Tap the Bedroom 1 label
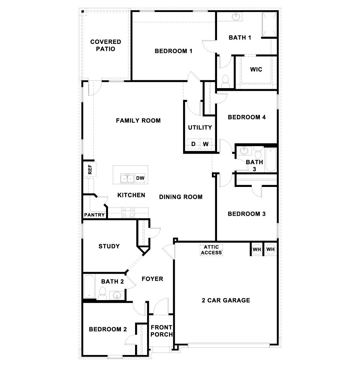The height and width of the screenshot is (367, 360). pos(173,51)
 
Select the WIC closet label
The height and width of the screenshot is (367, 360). pos(256,69)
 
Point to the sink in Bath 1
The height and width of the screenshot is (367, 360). pos(236,16)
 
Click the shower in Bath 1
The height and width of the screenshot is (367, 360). pos(269,24)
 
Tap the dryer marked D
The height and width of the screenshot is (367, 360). pos(193,144)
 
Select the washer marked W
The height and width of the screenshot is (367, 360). pos(205,144)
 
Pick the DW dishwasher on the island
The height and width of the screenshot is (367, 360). pos(140,178)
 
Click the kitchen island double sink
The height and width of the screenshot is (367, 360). pos(127,178)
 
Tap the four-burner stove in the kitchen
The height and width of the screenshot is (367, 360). pos(129,212)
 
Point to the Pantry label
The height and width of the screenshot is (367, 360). pos(94,215)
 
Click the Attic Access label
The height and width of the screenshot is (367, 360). pos(212,250)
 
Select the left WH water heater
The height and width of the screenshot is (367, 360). pos(257,249)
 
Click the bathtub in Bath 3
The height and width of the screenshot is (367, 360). pos(270,160)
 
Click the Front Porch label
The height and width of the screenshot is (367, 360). pos(161,331)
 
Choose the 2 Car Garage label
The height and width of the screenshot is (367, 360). pos(226,300)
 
